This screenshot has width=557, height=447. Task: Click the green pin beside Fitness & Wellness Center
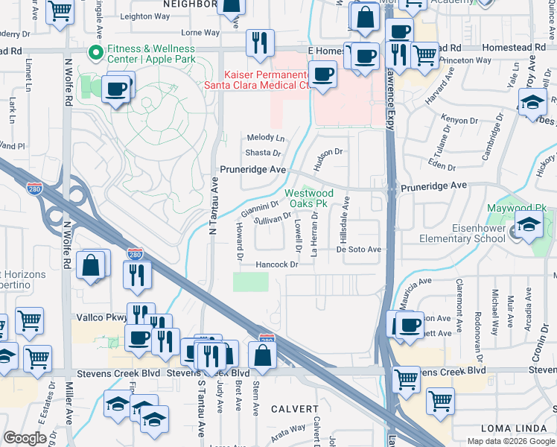coord(95,53)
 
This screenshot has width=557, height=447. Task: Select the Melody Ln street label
coord(266,139)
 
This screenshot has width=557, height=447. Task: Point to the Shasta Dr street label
coord(263,153)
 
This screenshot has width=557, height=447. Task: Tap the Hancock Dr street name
coord(276,264)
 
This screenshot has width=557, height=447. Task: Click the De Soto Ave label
coord(358,250)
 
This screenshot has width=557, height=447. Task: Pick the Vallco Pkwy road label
coord(101,317)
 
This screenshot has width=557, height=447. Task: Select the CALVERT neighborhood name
coord(294,409)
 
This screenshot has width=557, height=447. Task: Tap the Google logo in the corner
coord(25,438)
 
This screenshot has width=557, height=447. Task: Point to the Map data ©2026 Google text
coord(511,441)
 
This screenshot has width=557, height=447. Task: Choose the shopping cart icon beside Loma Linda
coord(440,401)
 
